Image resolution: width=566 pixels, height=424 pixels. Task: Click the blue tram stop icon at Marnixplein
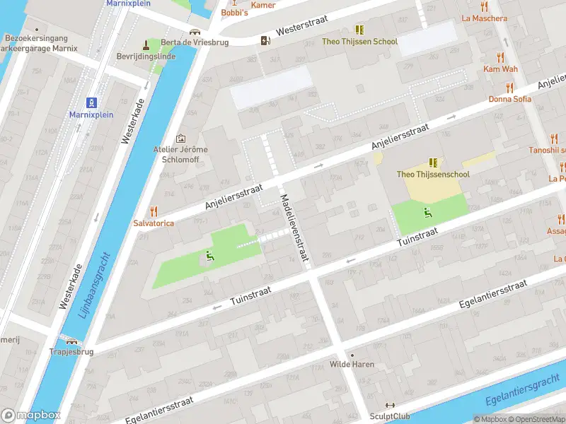point(92,102)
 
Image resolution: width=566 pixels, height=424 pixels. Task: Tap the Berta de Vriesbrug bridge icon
point(195,33)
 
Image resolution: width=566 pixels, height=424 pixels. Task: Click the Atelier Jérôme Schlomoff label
point(180,154)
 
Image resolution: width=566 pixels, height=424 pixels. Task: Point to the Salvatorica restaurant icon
point(154,211)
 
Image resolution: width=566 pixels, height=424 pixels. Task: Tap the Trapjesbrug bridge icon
point(71,340)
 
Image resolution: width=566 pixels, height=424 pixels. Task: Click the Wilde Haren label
point(352,365)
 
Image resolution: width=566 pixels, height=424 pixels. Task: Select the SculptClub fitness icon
point(388,405)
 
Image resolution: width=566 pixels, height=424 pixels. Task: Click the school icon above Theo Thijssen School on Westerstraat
point(359,30)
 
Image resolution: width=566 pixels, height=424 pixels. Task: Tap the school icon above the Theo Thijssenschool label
point(432,163)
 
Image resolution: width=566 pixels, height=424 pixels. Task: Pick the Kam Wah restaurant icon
point(501,57)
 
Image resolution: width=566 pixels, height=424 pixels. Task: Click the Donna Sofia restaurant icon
point(509,88)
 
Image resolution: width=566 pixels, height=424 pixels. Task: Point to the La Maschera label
point(484,18)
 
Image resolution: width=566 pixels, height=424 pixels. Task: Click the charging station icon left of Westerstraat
point(265,40)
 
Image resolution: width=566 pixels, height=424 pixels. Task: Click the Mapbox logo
point(31,415)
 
